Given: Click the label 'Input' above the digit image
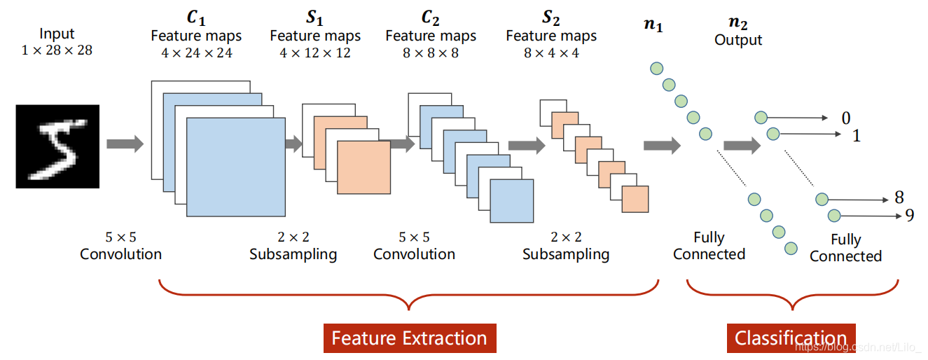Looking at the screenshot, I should pos(56,34).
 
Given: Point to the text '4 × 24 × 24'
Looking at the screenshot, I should pos(196,53).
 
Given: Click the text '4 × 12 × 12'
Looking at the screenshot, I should pos(314,53).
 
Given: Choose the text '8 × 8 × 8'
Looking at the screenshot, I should pos(431,53).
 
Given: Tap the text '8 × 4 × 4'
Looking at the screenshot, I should pos(551,53).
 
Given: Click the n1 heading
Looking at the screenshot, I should pos(653,27).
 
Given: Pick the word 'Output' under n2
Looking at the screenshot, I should pos(737,41).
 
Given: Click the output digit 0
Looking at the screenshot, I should pos(846,118).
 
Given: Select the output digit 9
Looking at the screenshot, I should pos(910,215).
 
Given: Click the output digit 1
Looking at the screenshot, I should pos(856,135).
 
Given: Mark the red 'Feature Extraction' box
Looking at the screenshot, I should pos(409,338).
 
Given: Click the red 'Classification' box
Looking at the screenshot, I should pos(791,338).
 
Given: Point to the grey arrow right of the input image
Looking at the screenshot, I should pos(125,144).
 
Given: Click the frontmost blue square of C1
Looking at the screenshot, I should pos(236,167).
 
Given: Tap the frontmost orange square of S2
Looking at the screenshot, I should pos(635,199).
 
